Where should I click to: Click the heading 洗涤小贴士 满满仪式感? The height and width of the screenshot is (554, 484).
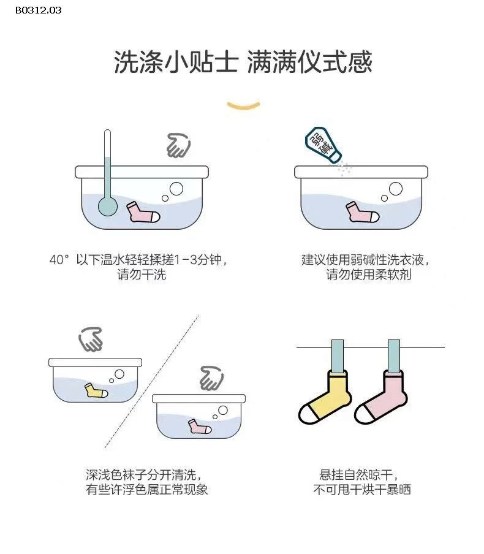point(243,63)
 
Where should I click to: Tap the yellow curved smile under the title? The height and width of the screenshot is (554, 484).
point(243,106)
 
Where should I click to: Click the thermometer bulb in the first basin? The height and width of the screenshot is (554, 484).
point(108,206)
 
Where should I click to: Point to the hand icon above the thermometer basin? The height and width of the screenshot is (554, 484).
point(178,145)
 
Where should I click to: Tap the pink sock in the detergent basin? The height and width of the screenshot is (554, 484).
point(362,212)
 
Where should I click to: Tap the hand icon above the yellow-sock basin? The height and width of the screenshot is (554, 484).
point(91,339)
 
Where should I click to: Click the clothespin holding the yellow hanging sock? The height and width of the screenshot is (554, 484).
point(338,355)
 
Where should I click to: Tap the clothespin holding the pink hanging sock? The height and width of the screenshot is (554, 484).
point(393,355)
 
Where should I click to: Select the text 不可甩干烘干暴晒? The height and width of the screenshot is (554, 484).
point(361,490)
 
